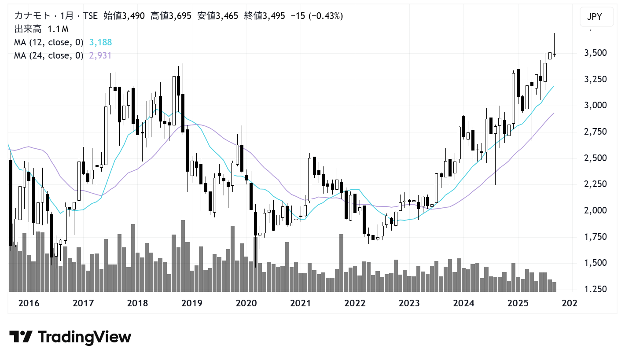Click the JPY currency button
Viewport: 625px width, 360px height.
pyautogui.click(x=594, y=18)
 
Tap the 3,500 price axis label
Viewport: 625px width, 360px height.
pyautogui.click(x=594, y=53)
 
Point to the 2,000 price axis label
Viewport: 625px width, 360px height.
pyautogui.click(x=594, y=210)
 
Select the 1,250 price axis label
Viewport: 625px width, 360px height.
pyautogui.click(x=594, y=289)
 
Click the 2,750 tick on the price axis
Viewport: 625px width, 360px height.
pyautogui.click(x=594, y=132)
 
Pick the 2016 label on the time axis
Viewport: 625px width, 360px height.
pyautogui.click(x=29, y=303)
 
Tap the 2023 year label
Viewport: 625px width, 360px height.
pyautogui.click(x=409, y=303)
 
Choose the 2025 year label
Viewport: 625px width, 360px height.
pyautogui.click(x=518, y=303)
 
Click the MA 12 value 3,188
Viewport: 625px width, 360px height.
pyautogui.click(x=100, y=43)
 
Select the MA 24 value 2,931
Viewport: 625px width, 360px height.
pyautogui.click(x=100, y=55)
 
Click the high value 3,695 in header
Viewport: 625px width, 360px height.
pyautogui.click(x=180, y=16)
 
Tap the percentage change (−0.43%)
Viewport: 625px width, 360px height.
pyautogui.click(x=326, y=16)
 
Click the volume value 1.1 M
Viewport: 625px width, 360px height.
pyautogui.click(x=59, y=29)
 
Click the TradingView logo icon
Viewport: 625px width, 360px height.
pyautogui.click(x=21, y=337)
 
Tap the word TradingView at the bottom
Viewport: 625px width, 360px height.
pyautogui.click(x=85, y=337)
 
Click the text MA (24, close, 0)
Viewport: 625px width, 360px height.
pyautogui.click(x=48, y=55)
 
